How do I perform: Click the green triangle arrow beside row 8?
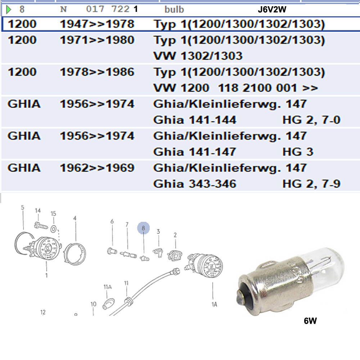pyautogui.click(x=9, y=9)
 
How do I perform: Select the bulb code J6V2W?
pyautogui.click(x=272, y=9)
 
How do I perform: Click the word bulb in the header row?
pyautogui.click(x=174, y=9)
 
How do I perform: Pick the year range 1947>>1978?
pyautogui.click(x=97, y=24)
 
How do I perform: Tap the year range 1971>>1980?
pyautogui.click(x=97, y=40)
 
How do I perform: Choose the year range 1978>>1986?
pyautogui.click(x=97, y=72)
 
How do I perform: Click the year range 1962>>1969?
pyautogui.click(x=97, y=168)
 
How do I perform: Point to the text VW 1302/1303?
pyautogui.click(x=198, y=56)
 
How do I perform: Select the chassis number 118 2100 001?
pyautogui.click(x=258, y=88)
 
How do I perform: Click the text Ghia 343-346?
pyautogui.click(x=195, y=184)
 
